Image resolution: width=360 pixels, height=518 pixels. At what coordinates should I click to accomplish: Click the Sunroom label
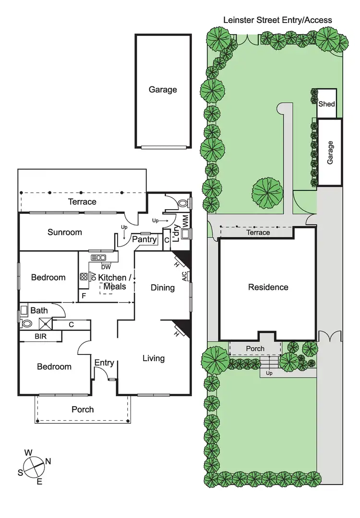(64, 232)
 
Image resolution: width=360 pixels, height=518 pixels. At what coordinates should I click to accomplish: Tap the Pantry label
(144, 239)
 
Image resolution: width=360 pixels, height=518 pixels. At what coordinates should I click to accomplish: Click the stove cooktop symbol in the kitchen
(84, 277)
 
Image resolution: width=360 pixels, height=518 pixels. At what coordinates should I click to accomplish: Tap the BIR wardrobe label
(40, 337)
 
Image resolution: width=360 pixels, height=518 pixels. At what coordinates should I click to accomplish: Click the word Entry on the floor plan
(104, 363)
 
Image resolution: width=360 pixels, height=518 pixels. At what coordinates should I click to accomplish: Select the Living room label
(154, 358)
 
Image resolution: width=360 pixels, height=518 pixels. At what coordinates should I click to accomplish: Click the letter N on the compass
(48, 461)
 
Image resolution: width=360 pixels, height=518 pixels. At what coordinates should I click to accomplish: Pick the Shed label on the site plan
(326, 104)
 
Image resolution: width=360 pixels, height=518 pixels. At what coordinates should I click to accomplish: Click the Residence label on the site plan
(268, 287)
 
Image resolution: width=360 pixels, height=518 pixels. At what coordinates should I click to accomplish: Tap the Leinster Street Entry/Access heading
(277, 20)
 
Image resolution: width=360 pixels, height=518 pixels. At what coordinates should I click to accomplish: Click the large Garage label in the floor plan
(162, 90)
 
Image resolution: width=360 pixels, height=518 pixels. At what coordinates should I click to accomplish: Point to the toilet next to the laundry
(183, 203)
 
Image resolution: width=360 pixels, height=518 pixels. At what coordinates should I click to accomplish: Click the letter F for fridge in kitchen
(84, 296)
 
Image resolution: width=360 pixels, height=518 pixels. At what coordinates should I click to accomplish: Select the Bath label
(39, 311)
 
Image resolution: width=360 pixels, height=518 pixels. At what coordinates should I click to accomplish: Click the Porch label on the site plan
(255, 349)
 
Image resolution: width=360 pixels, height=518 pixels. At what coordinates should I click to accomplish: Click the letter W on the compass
(29, 452)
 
